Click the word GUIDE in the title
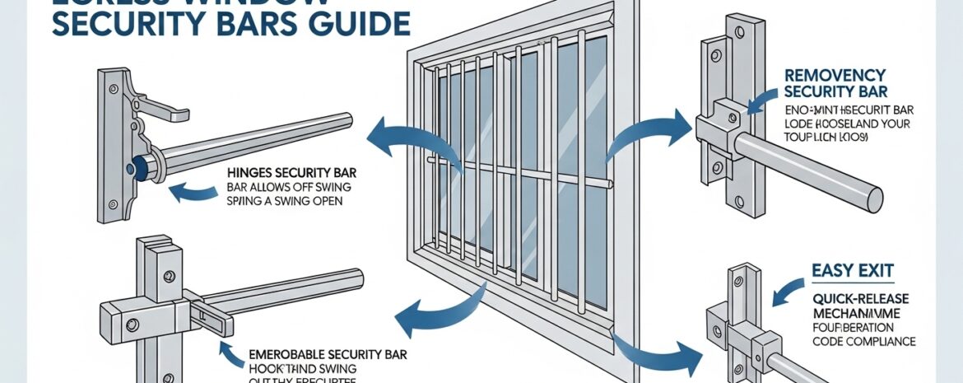(x=363, y=23)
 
